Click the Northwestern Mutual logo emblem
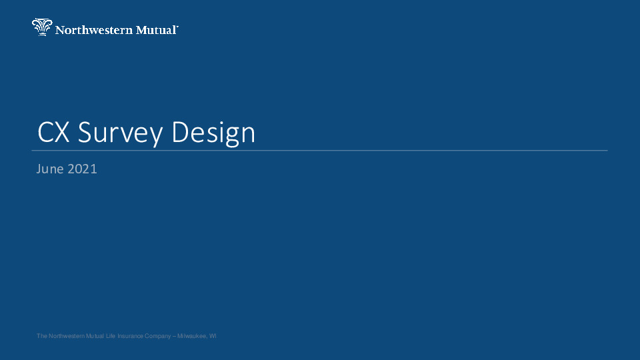point(41,27)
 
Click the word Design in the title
point(213,133)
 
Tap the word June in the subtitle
point(50,169)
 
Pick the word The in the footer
point(42,337)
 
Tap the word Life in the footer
point(111,337)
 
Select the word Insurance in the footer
point(131,337)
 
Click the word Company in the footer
point(159,337)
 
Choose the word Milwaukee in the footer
point(193,337)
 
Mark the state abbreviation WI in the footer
point(213,337)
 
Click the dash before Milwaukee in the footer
point(175,337)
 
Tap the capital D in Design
point(180,133)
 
